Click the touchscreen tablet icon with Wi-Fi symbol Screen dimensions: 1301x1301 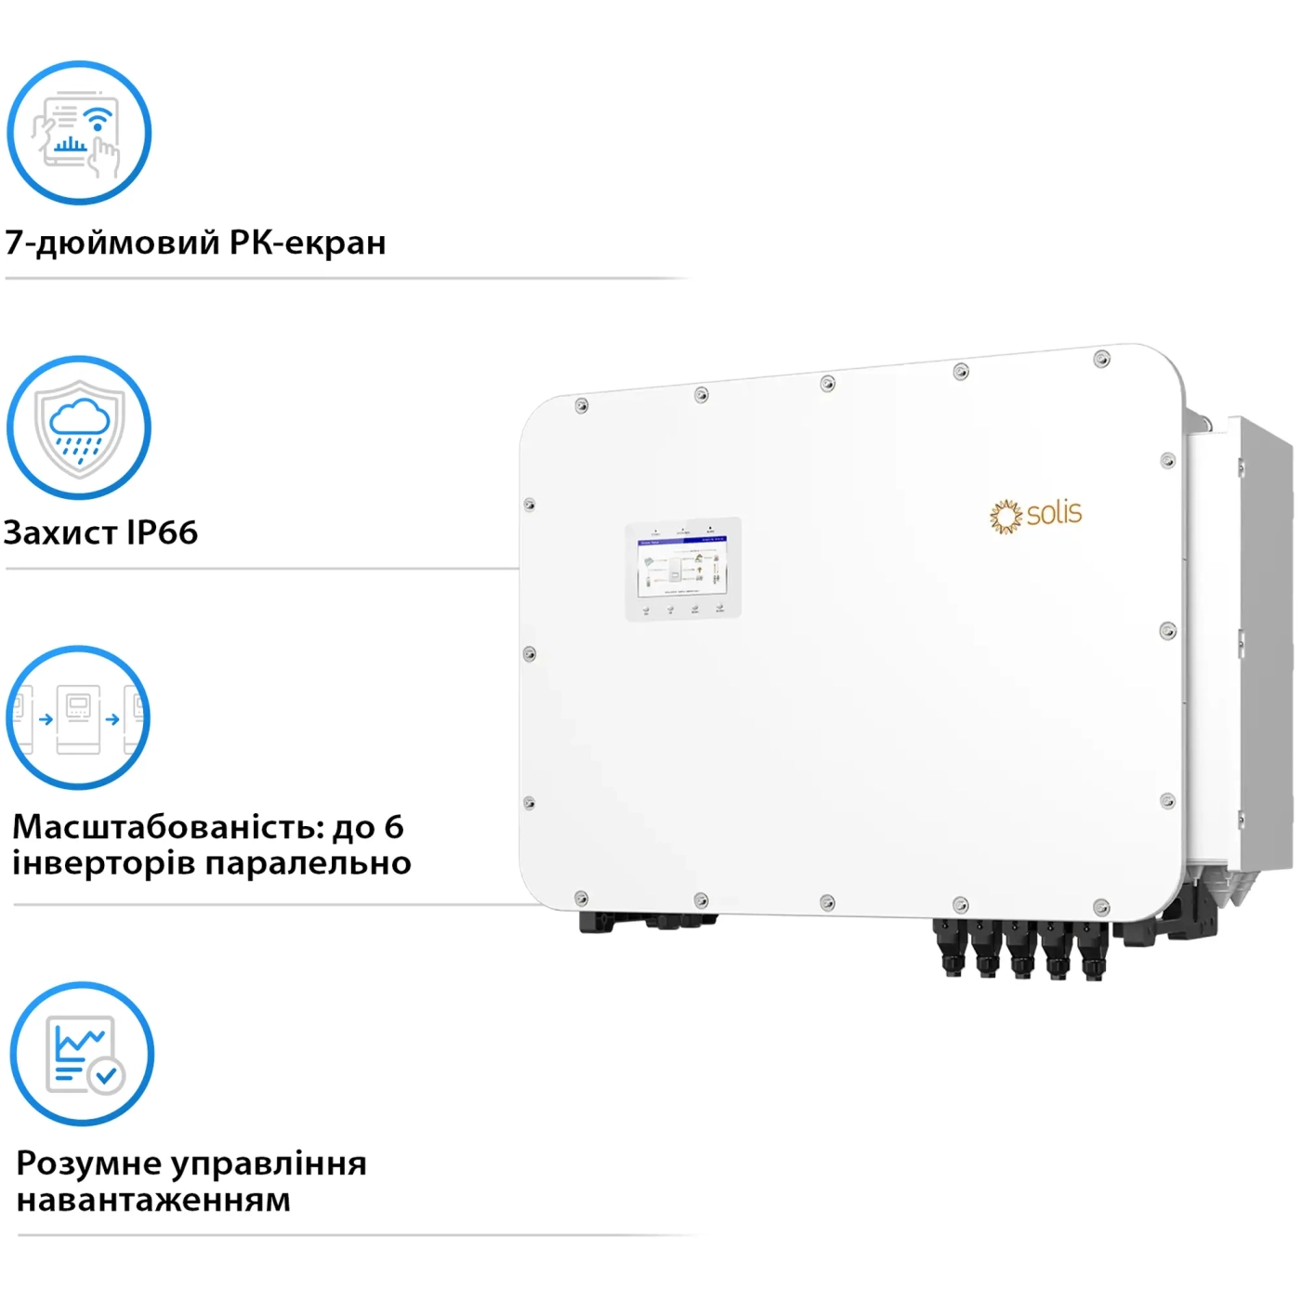tap(79, 133)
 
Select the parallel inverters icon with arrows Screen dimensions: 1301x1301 tap(78, 717)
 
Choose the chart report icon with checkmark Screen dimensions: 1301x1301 tap(82, 1055)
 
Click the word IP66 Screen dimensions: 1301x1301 tap(163, 533)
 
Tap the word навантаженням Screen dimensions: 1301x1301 tap(154, 1200)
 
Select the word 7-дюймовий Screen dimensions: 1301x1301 tap(112, 243)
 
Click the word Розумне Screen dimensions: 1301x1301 tap(88, 1163)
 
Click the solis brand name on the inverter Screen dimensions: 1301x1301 tap(1055, 513)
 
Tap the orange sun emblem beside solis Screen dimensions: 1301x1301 tap(1005, 516)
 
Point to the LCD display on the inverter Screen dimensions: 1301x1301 tap(682, 566)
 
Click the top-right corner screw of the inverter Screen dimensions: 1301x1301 tap(1101, 359)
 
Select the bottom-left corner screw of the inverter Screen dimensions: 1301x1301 tap(581, 898)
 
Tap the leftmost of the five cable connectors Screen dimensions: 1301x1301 tap(950, 948)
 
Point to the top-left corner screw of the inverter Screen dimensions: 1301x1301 tap(582, 406)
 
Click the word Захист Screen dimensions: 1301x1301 tap(61, 533)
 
